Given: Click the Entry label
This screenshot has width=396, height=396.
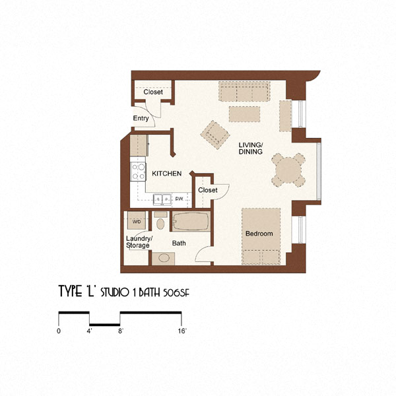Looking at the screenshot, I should tap(141, 118).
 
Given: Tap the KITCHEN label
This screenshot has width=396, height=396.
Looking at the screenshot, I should tap(167, 173).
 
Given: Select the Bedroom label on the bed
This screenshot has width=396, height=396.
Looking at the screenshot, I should tap(259, 234).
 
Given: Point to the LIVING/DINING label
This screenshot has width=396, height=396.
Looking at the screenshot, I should tap(251, 148).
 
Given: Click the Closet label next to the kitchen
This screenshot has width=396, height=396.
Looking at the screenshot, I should tap(207, 190).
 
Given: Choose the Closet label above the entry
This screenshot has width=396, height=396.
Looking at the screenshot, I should tap(153, 92).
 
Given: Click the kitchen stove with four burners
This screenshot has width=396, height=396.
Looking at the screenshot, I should tap(139, 172).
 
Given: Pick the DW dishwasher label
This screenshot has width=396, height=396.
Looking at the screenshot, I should tap(178, 198).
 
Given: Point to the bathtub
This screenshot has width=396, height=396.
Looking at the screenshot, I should tap(191, 222).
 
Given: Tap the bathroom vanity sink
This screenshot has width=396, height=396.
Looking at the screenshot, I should tap(161, 257).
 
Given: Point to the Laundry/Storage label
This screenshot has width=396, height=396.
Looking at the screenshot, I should tap(139, 242).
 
